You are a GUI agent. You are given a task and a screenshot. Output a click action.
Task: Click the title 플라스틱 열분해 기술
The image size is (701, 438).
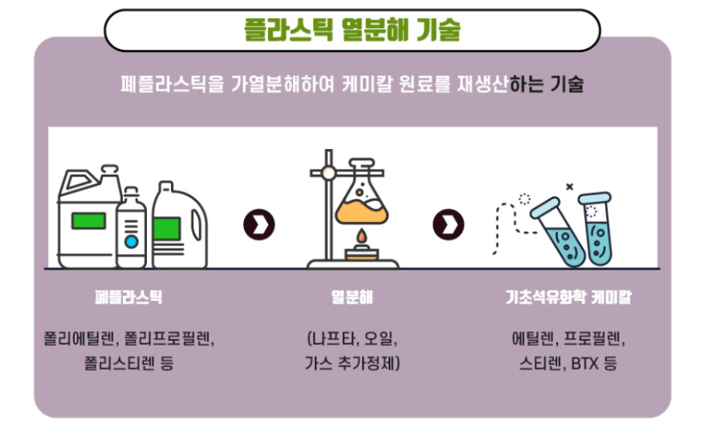[351, 30]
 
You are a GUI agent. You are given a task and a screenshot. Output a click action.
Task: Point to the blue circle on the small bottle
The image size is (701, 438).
[131, 242]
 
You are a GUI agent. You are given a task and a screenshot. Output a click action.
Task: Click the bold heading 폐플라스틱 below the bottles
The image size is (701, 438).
[128, 297]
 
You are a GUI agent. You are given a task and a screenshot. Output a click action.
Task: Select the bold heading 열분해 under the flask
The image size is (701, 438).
[352, 297]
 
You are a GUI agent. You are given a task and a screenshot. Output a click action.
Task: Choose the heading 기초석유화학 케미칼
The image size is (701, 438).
[568, 297]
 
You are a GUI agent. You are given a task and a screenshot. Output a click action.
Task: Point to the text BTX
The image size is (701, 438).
[583, 363]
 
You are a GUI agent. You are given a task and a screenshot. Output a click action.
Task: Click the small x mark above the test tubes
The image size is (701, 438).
[569, 186]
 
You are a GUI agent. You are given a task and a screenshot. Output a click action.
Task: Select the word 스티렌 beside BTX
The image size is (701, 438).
[542, 363]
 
